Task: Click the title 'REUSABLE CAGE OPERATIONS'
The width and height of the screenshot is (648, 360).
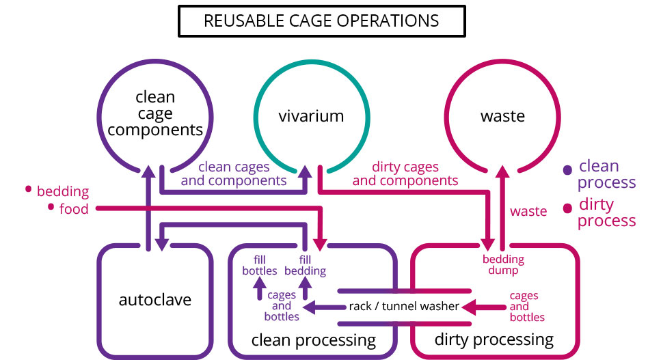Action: click(x=321, y=20)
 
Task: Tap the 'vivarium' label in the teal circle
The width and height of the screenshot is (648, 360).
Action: click(x=312, y=116)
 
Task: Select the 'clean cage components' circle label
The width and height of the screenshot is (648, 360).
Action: click(x=155, y=113)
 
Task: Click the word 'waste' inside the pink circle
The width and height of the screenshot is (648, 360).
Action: click(x=502, y=116)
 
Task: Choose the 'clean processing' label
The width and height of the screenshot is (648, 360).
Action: click(x=313, y=340)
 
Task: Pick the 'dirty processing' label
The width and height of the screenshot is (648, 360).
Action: click(x=494, y=340)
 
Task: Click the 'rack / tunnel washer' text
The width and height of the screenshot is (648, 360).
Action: click(x=404, y=306)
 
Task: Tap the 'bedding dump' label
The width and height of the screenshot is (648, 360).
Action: click(x=503, y=264)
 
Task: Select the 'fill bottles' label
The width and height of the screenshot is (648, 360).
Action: click(x=259, y=265)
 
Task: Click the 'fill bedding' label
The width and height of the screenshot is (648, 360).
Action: click(x=305, y=265)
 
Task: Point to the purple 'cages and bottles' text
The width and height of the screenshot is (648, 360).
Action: click(x=282, y=306)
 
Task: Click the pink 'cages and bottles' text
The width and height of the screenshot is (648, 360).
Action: click(x=527, y=306)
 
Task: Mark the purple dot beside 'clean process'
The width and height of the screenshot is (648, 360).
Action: click(x=567, y=170)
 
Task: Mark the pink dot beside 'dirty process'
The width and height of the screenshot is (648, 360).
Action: click(x=567, y=208)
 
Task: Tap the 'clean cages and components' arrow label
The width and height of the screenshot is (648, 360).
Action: click(x=234, y=174)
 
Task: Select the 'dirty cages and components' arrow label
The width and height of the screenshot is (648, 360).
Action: click(x=405, y=174)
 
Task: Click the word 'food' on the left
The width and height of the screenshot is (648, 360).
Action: click(x=74, y=209)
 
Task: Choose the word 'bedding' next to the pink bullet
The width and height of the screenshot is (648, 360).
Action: click(x=63, y=192)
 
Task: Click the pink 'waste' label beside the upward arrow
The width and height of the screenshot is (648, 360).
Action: click(x=528, y=211)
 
